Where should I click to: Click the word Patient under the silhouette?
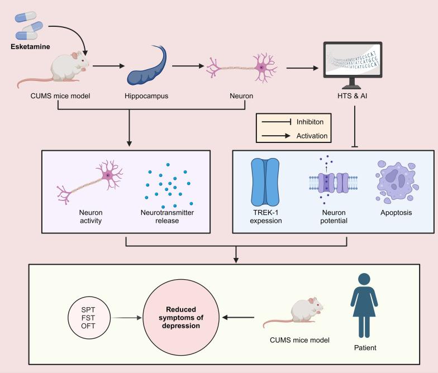365,348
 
